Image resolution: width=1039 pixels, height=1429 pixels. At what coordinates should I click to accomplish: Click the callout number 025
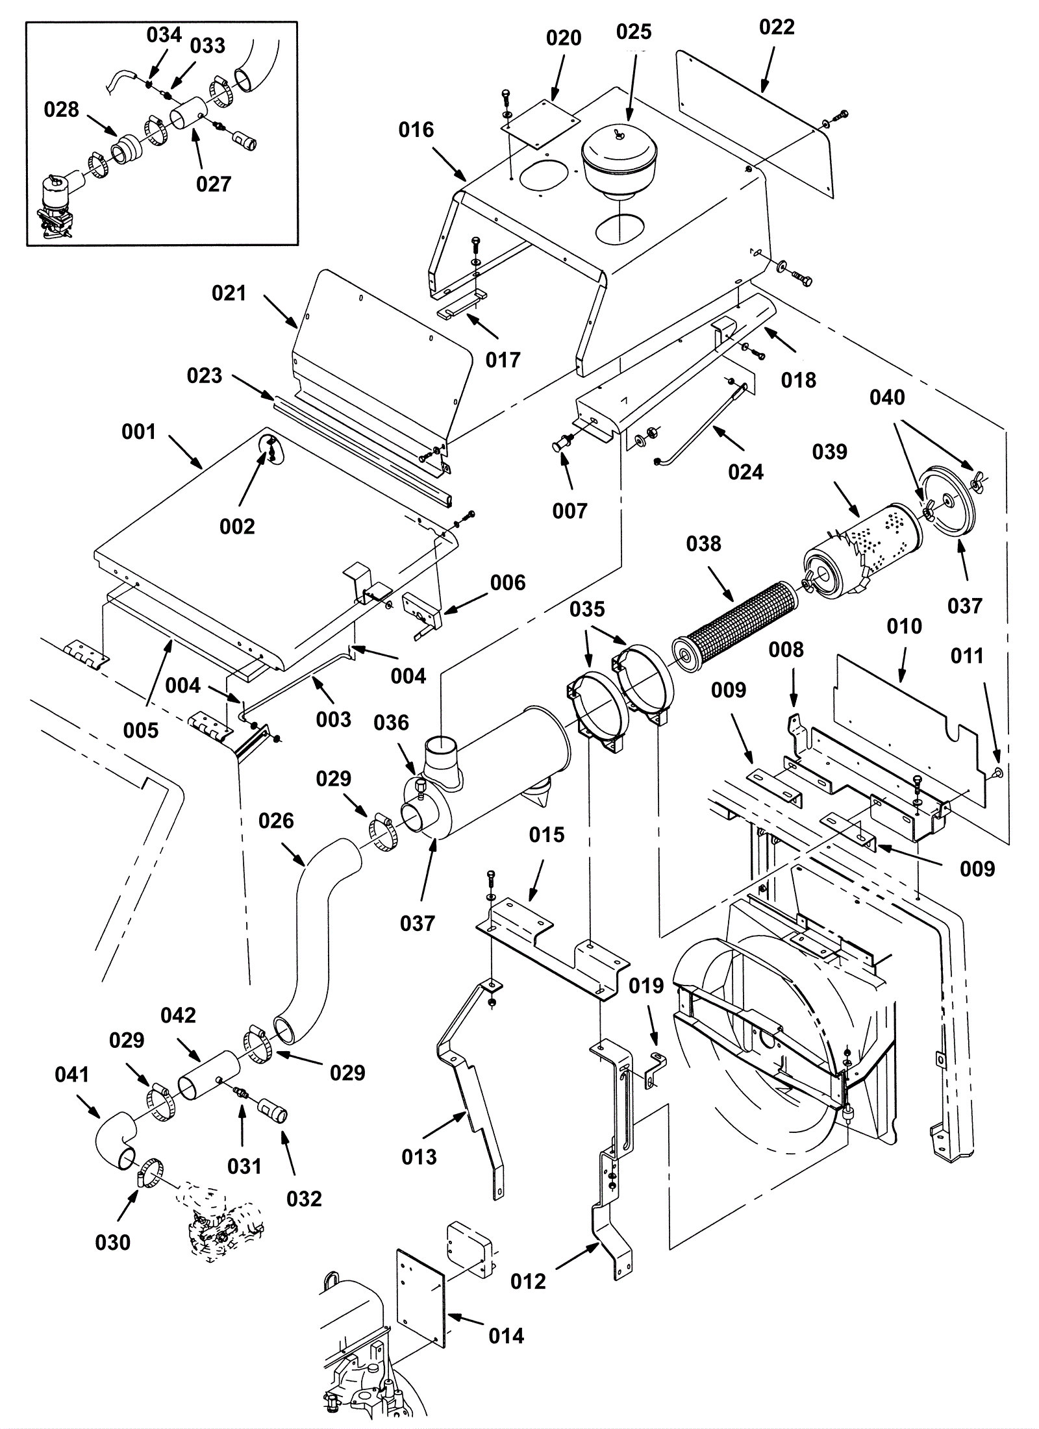click(634, 32)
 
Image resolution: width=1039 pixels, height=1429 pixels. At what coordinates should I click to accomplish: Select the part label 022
click(777, 27)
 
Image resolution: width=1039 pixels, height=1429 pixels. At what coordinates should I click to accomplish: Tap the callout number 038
click(703, 543)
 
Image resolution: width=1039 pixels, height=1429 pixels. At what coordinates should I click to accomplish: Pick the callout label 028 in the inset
click(61, 110)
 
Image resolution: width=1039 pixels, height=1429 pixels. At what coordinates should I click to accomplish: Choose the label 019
click(646, 986)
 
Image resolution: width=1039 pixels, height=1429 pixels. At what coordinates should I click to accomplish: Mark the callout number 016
click(416, 130)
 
